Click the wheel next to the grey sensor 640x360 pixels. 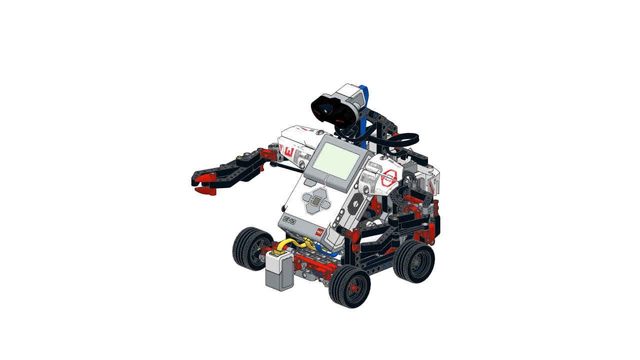[252, 248]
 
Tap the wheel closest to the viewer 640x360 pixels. [349, 286]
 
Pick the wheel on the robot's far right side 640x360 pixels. [414, 261]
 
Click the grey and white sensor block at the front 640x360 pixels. [279, 270]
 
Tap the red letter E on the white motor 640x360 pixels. [288, 150]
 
